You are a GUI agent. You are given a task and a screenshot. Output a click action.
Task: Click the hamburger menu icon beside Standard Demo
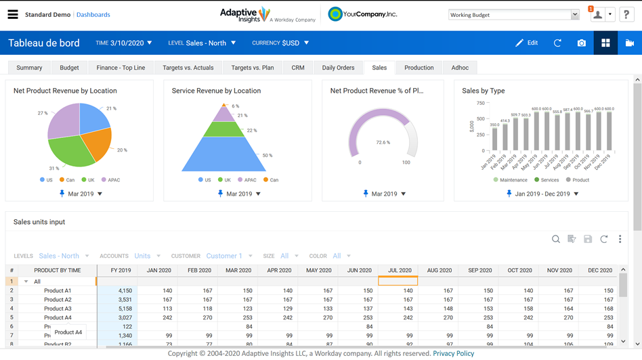13,14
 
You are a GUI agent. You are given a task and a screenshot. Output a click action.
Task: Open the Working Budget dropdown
514,15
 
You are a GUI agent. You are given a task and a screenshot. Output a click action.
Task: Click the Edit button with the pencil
527,43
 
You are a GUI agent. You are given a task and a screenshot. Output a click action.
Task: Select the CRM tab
298,68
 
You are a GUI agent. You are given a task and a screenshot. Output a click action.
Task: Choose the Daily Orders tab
338,68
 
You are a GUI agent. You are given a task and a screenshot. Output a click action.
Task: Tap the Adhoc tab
460,68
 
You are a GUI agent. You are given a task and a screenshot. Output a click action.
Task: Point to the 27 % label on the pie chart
43,114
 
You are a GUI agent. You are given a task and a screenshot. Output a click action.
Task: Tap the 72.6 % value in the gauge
383,143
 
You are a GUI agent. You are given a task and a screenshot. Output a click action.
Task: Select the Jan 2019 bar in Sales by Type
495,139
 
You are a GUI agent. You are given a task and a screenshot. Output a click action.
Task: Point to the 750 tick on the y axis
480,104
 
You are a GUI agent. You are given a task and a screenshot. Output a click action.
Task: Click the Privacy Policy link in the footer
453,353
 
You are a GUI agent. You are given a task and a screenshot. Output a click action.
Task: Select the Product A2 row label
58,300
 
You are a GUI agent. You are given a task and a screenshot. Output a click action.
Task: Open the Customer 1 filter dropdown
228,256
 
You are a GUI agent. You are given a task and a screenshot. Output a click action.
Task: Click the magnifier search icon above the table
555,239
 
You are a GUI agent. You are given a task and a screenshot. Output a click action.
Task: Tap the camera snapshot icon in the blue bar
581,43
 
